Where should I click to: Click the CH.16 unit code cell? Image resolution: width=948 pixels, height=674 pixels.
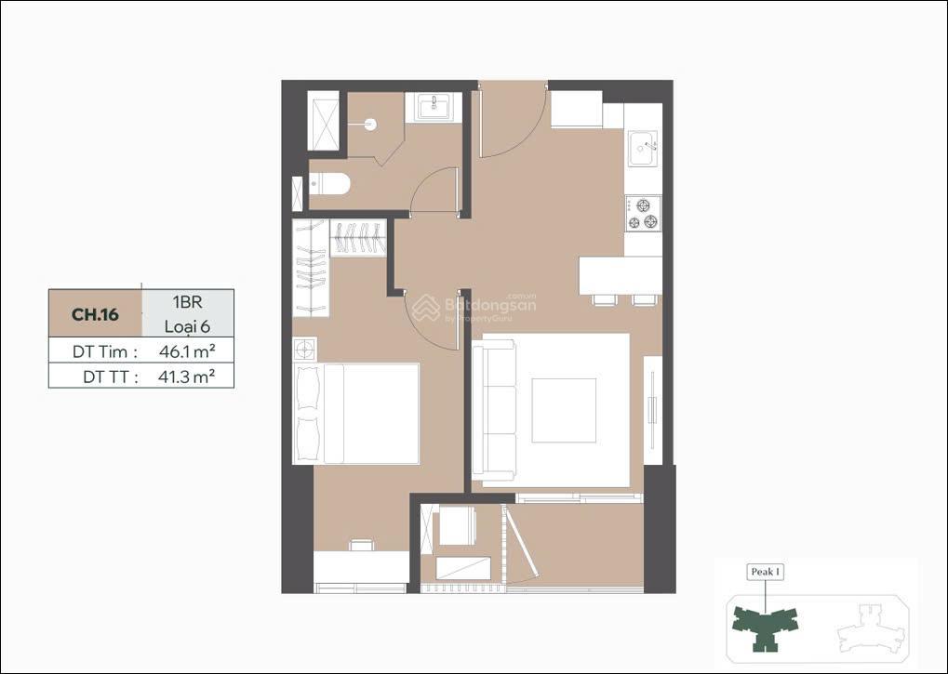[x=95, y=314]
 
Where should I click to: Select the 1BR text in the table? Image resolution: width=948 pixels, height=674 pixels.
[x=187, y=302]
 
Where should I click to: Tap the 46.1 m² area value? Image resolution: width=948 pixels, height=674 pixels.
[x=187, y=350]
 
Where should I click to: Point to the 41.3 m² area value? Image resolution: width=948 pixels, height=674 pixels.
[x=187, y=377]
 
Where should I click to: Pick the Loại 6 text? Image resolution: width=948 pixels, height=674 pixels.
[x=187, y=326]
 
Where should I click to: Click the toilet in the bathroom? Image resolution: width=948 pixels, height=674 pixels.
[x=329, y=184]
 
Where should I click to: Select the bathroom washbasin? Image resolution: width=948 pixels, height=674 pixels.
[x=433, y=108]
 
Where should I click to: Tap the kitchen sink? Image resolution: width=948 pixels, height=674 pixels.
[x=643, y=148]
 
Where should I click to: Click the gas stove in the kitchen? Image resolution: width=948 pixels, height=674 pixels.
[x=643, y=213]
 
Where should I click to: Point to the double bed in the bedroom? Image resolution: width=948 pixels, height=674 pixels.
[x=356, y=414]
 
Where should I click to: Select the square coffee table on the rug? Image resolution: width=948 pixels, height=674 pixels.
[x=564, y=411]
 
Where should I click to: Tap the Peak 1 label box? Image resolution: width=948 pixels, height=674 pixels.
[x=766, y=572]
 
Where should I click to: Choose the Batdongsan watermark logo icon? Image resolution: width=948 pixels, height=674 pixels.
[x=426, y=308]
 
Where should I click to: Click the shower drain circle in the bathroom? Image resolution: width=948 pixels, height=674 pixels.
[x=370, y=125]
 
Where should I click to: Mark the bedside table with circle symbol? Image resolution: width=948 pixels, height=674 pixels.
[x=305, y=349]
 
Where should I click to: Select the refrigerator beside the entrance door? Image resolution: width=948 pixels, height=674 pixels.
[x=576, y=110]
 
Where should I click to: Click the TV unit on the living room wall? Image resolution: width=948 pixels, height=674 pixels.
[x=653, y=410]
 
